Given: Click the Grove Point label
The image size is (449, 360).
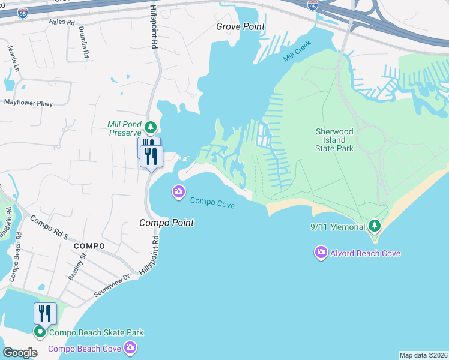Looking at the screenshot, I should [240, 26].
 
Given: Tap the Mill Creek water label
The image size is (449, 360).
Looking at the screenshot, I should [298, 53].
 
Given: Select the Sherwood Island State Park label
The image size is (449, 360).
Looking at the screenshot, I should [334, 140].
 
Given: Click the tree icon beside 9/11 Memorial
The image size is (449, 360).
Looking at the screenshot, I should [375, 226].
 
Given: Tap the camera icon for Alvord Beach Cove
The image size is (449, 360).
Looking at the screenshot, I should [321, 253].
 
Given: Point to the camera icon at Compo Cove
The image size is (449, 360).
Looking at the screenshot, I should [178, 192].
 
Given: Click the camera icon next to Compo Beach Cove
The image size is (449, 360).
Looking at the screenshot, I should [130, 347].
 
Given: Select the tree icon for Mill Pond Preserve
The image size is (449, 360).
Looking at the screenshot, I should [150, 127].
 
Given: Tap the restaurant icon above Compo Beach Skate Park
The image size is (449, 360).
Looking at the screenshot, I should [45, 313].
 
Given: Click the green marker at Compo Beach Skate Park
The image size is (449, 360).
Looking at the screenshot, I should [40, 332].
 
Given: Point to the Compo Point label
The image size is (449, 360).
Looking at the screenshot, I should [166, 223].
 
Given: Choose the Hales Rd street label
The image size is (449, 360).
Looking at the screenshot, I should [61, 22].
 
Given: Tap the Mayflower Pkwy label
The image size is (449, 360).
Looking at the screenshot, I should [28, 103].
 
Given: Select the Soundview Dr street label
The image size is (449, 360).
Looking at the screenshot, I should [112, 286].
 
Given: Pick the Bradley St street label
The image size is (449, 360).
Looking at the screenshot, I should [77, 266].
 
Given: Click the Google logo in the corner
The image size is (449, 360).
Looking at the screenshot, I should [20, 352].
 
